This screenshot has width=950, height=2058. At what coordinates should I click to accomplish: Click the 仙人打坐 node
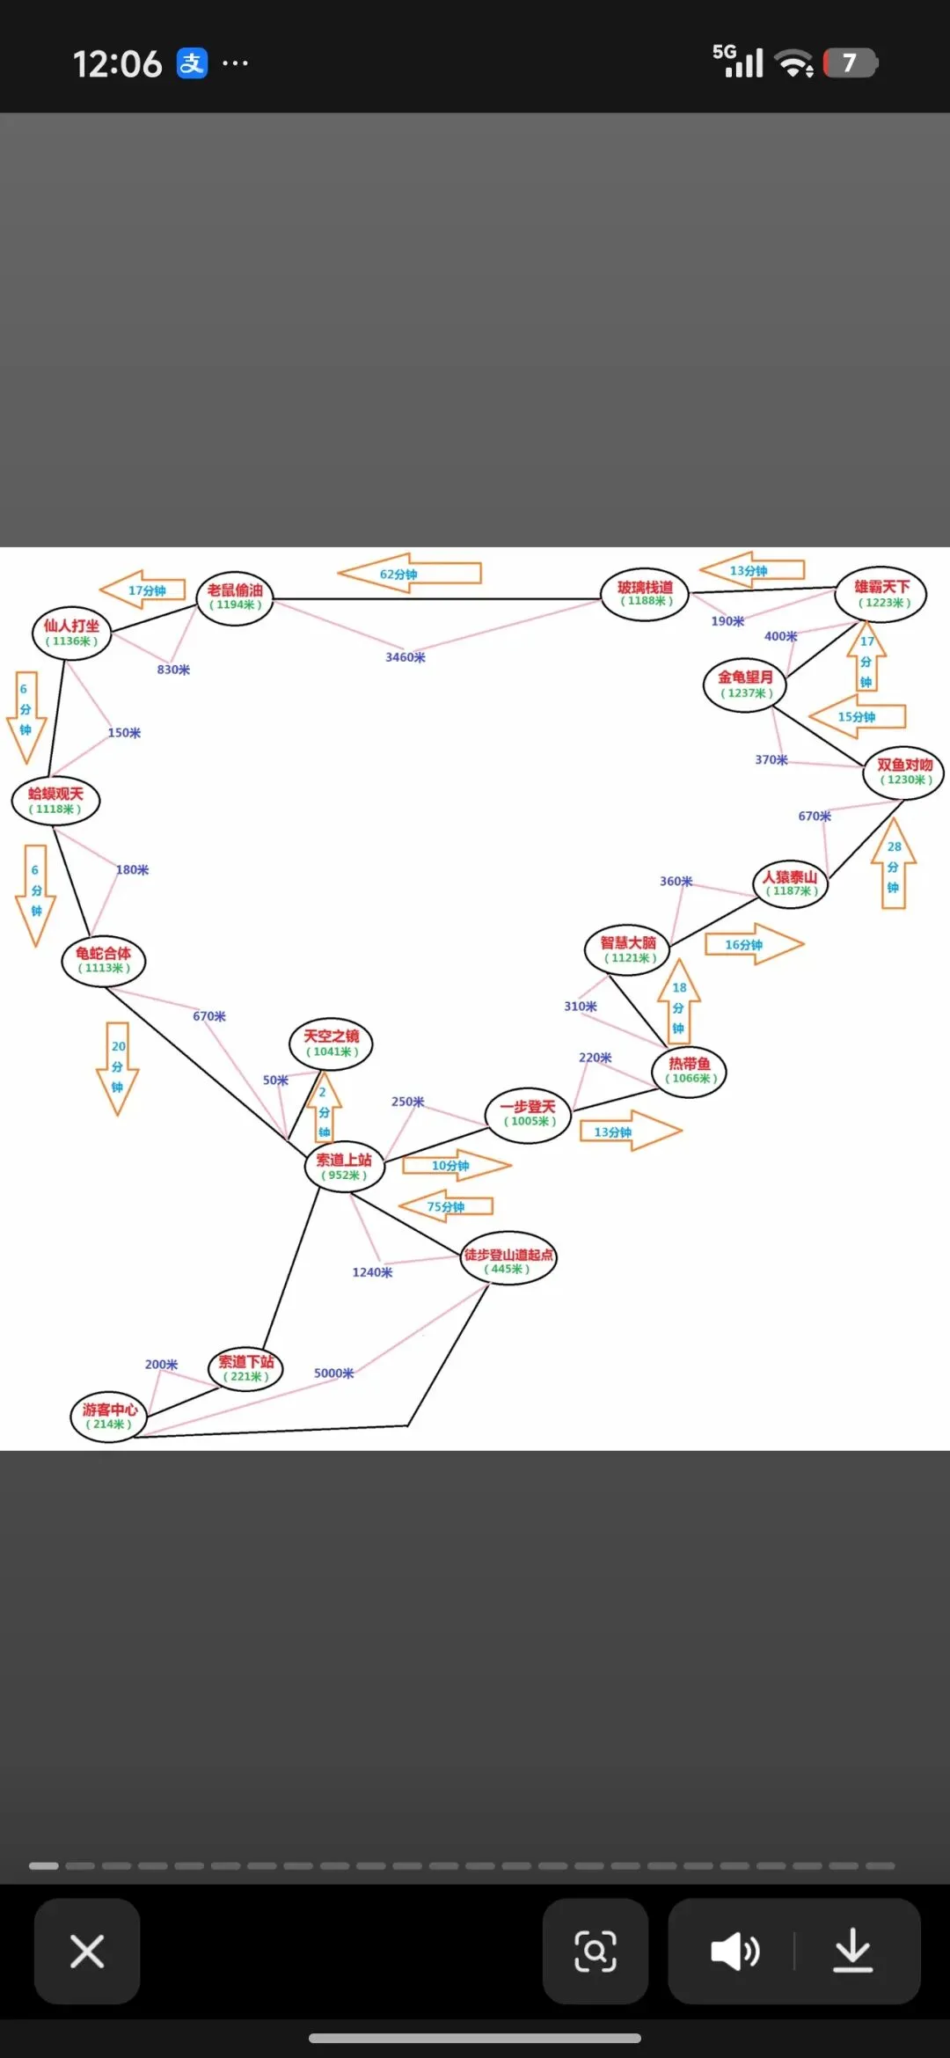point(71,633)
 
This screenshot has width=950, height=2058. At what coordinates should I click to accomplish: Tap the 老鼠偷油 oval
point(235,597)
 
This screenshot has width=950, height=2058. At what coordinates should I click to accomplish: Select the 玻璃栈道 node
point(645,594)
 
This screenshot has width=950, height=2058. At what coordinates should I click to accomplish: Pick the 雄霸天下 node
point(881,594)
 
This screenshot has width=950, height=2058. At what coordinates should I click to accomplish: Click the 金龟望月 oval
point(745,685)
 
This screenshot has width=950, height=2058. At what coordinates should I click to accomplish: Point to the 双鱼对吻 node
point(904,773)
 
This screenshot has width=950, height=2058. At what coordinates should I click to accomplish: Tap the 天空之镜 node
point(332,1044)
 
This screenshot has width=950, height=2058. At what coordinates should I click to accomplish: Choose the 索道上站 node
point(344,1167)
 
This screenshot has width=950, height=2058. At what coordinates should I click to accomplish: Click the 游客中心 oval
point(109,1416)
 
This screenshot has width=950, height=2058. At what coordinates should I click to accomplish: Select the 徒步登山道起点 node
point(508,1261)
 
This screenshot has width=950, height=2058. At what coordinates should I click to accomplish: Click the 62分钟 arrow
point(409,574)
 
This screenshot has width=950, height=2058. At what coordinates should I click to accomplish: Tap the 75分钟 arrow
point(446,1206)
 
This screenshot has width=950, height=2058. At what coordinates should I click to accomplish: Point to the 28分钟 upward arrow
point(894,864)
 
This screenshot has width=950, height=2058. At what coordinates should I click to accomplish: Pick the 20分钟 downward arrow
point(118,1067)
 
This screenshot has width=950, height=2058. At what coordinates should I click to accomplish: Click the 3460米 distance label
point(406,657)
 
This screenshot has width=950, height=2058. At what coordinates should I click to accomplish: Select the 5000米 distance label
point(334,1373)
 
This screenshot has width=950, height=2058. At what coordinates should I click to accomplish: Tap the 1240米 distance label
point(372,1272)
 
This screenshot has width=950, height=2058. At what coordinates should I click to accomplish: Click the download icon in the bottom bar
point(852,1951)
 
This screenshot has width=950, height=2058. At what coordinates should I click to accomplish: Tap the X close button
point(87,1951)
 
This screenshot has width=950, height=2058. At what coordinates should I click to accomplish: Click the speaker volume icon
point(735,1951)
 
